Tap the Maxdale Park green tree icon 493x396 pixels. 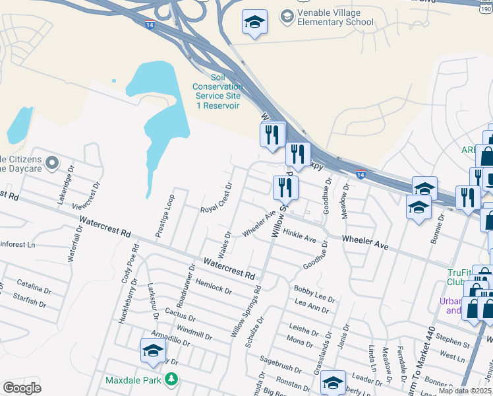tap(171, 379)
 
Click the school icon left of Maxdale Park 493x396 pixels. tap(153, 350)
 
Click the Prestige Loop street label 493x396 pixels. tap(165, 215)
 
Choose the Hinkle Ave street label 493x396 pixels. tap(299, 236)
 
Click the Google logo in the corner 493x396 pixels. tap(22, 389)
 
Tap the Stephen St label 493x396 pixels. tap(453, 341)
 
